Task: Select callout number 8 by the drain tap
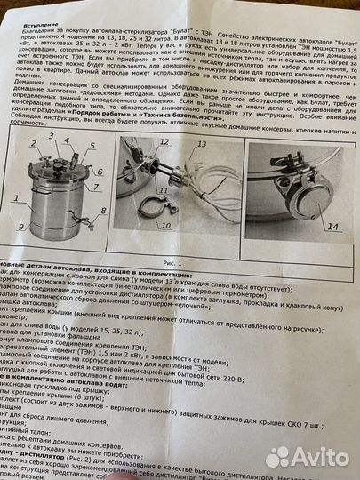[104, 212]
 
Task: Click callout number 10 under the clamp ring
[167, 226]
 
